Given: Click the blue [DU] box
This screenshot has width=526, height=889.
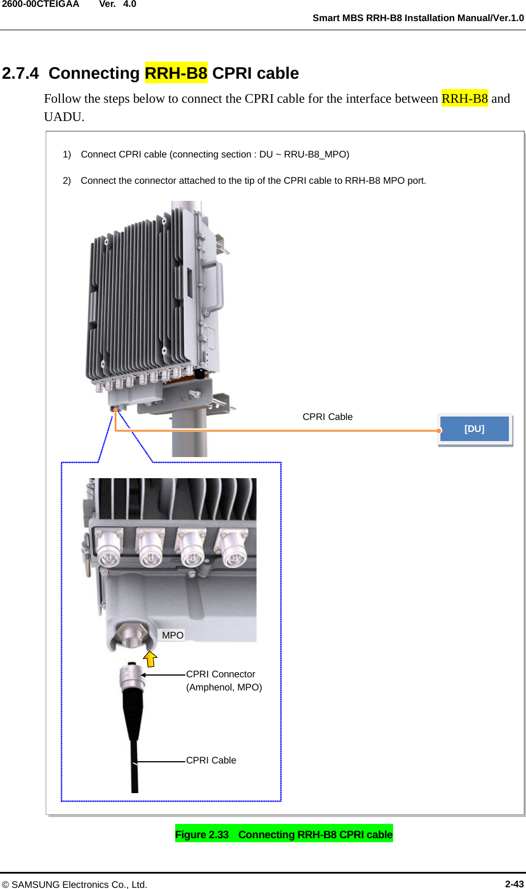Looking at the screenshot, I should pos(474,429).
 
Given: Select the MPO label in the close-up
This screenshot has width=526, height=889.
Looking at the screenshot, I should pos(172,635).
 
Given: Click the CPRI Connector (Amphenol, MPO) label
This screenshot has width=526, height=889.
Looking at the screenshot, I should pos(224,680).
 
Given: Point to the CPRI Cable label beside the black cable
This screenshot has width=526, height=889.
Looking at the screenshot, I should pos(211,760).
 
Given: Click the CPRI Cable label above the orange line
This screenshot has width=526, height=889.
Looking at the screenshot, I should pos(327,417).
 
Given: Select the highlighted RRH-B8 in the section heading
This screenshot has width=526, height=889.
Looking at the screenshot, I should pos(176,73).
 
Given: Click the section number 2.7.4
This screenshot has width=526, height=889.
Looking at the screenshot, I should pos(21,73).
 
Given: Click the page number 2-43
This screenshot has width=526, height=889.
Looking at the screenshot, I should pos(514,884).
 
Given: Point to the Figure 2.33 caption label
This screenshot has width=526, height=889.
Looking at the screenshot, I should pos(202,834).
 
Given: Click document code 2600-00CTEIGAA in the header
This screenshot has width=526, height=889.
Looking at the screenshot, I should pos(40,4).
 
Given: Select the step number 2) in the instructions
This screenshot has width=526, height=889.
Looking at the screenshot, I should pos(67,180).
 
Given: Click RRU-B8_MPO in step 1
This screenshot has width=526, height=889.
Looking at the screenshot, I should pos(316,154).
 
